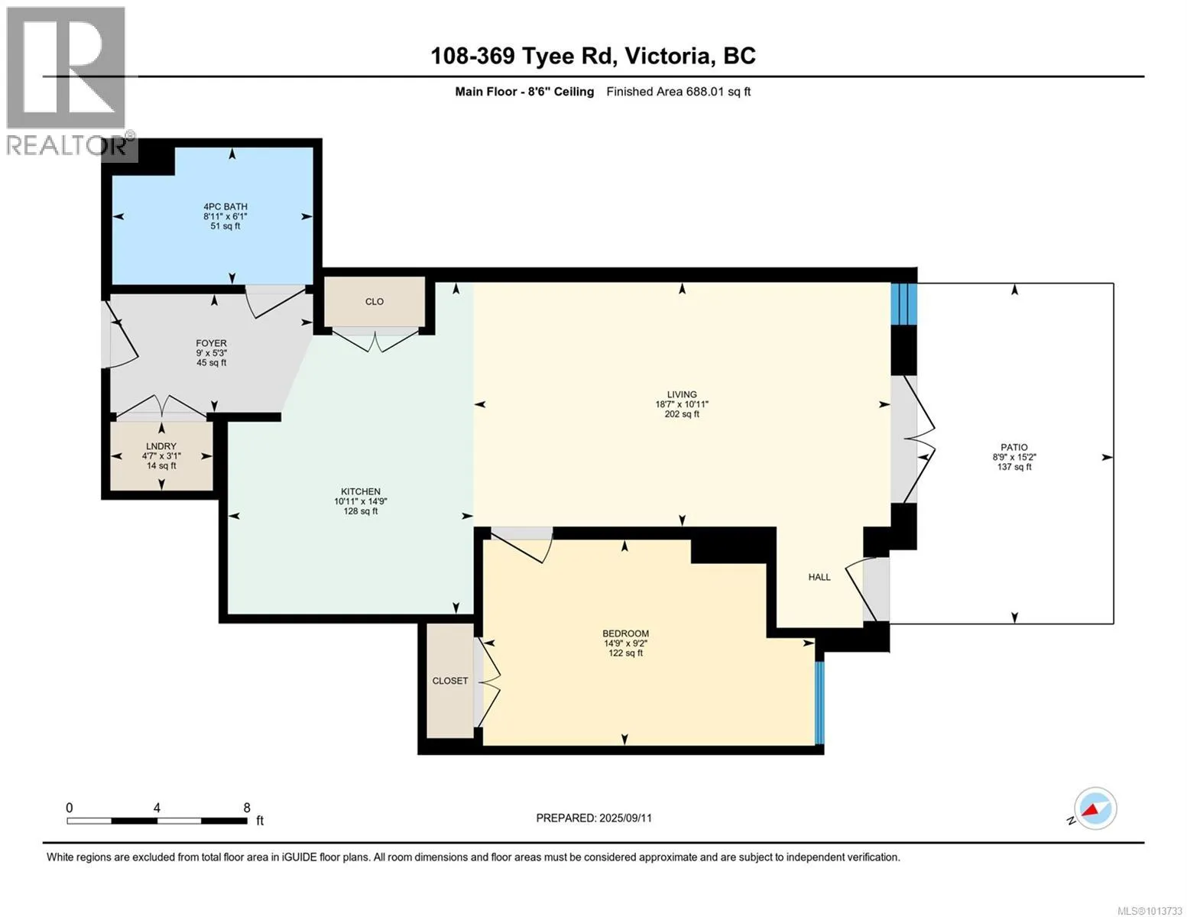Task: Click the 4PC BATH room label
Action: tap(225, 206)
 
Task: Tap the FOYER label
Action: tap(212, 343)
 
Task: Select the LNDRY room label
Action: tap(161, 446)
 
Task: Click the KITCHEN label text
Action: tap(361, 491)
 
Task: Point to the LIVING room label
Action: tap(682, 394)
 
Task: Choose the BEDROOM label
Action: tap(625, 633)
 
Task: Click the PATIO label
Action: tap(1014, 447)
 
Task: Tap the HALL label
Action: tap(819, 577)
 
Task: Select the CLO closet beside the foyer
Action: tap(375, 302)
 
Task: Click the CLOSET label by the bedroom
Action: tap(450, 681)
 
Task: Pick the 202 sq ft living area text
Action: tap(682, 414)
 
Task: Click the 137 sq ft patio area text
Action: tap(1014, 467)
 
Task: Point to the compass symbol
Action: tap(1095, 808)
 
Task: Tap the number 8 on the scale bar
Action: tap(247, 808)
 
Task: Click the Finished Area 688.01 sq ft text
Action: tap(679, 92)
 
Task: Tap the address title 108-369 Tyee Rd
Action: tap(524, 56)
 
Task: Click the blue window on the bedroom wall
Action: tap(819, 703)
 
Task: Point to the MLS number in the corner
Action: tap(1150, 911)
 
